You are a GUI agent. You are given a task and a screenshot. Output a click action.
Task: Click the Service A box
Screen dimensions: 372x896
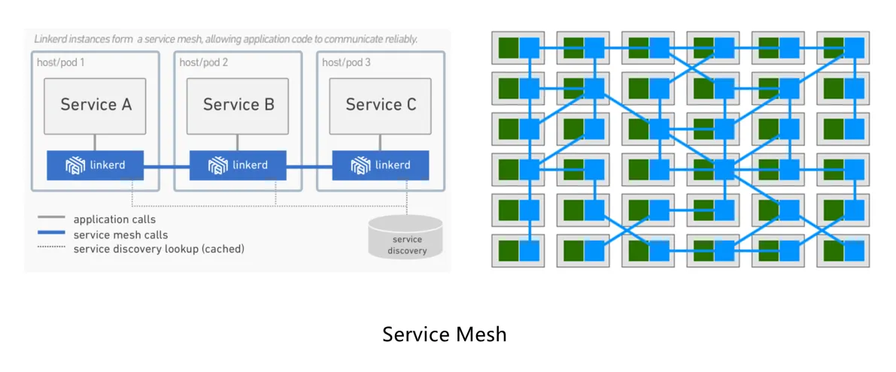(95, 104)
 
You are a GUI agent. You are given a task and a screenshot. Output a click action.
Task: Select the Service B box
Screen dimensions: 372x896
(238, 104)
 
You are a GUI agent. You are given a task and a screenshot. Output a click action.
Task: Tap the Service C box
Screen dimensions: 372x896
(381, 104)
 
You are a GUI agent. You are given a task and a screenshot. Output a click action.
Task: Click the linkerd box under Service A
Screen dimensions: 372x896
(95, 165)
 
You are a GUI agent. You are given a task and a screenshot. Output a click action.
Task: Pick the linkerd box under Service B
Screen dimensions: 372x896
(238, 165)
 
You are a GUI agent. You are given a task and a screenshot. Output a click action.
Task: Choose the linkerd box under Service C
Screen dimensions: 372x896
(381, 165)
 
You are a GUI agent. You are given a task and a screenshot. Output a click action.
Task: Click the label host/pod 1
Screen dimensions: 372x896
(61, 62)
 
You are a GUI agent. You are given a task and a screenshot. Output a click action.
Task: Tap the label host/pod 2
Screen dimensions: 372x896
(203, 62)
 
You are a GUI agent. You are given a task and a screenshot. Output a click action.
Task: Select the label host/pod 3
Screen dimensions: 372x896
(346, 62)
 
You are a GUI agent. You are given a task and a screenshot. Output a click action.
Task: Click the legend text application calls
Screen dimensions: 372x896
(114, 219)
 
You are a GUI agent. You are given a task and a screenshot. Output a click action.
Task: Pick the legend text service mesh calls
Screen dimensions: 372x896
(120, 234)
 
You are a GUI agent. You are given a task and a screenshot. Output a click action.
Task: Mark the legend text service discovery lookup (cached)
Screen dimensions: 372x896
(159, 249)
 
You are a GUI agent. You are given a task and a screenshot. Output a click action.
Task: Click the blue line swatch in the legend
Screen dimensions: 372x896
(52, 234)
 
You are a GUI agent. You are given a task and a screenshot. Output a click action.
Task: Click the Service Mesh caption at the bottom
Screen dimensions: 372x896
(444, 334)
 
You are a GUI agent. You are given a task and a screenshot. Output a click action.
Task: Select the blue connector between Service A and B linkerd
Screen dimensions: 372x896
(166, 166)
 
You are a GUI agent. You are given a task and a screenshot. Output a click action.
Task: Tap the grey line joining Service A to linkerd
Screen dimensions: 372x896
(95, 142)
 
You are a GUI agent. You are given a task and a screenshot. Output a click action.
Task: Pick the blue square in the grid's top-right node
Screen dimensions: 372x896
(855, 48)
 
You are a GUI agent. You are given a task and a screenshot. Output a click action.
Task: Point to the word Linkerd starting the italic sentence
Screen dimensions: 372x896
(51, 38)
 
